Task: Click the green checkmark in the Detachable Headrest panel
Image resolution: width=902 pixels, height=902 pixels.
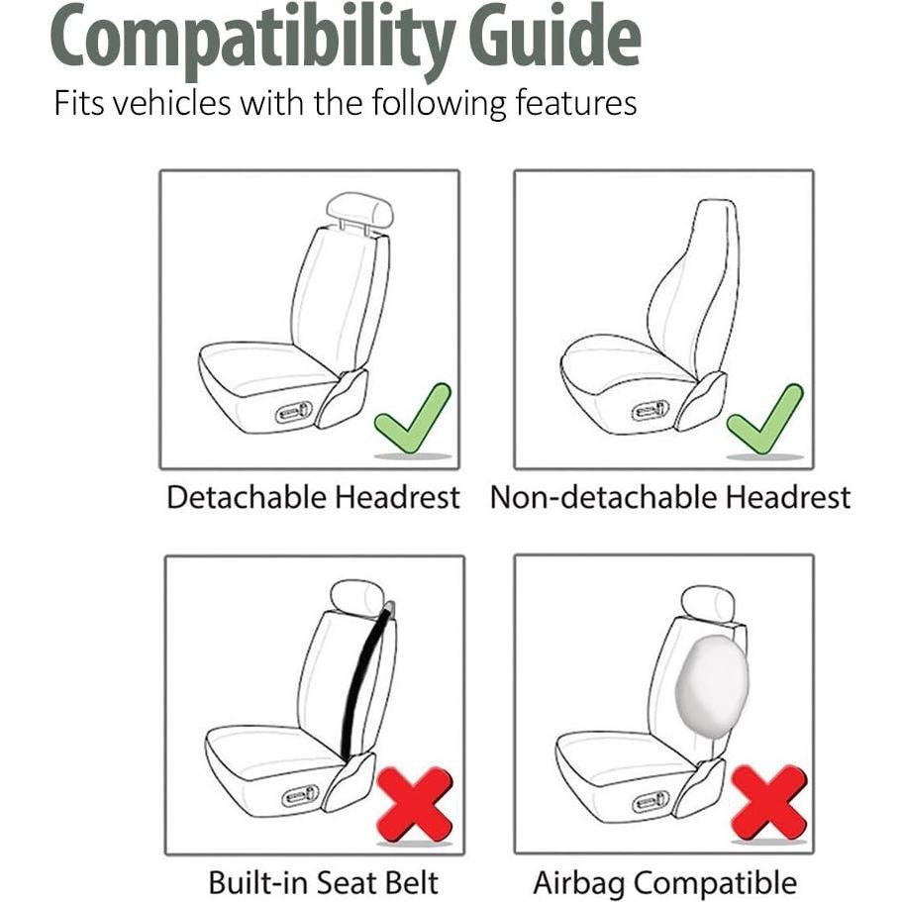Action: click(412, 419)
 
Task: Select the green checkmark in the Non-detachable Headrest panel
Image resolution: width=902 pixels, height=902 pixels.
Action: click(764, 419)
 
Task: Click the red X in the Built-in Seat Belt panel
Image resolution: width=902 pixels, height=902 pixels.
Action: click(414, 803)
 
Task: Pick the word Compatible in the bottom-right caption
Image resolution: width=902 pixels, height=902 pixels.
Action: click(716, 882)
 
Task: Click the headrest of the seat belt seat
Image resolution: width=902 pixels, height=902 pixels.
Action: click(356, 596)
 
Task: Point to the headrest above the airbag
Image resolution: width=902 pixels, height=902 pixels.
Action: click(708, 603)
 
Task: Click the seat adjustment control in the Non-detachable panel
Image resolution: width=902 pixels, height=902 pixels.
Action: click(650, 410)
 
